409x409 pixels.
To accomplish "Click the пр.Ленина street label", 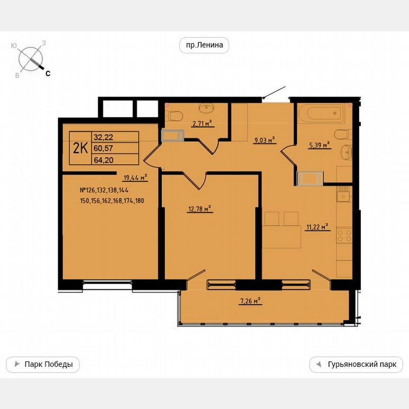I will (x=204, y=45).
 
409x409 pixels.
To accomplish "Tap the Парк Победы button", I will (x=43, y=365).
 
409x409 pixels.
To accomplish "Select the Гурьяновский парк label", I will (x=356, y=365).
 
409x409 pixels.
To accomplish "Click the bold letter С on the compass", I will (x=48, y=73).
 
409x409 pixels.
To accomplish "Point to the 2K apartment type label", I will (x=80, y=148).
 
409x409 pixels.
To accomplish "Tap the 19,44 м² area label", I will (x=135, y=178).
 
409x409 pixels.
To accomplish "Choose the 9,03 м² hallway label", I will (x=264, y=140).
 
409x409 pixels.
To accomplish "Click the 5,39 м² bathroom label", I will (x=319, y=145).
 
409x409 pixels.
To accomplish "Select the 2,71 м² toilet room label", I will (x=201, y=124).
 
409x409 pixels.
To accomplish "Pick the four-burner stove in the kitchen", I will (x=344, y=236).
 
